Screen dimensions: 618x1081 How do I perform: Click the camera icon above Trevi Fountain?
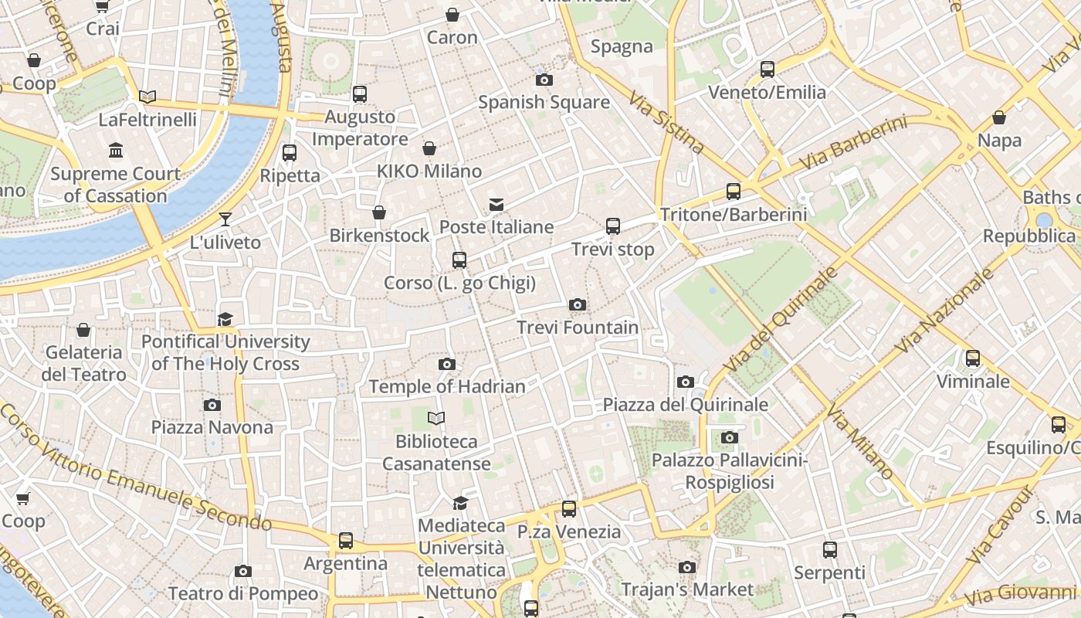pyautogui.click(x=577, y=305)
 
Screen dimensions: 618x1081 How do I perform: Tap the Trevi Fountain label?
pyautogui.click(x=578, y=328)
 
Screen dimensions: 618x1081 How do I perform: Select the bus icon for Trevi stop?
pyautogui.click(x=613, y=226)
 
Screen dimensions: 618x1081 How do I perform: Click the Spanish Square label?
pyautogui.click(x=544, y=102)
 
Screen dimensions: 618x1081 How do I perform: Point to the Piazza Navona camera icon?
pyautogui.click(x=212, y=405)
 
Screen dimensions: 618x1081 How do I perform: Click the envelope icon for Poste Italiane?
pyautogui.click(x=496, y=205)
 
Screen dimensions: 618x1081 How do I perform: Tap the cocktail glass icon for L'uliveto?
pyautogui.click(x=225, y=219)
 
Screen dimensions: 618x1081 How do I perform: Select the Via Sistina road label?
pyautogui.click(x=666, y=122)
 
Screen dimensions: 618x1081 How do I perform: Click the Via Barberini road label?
pyautogui.click(x=852, y=144)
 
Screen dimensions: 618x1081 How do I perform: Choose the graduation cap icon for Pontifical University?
pyautogui.click(x=225, y=319)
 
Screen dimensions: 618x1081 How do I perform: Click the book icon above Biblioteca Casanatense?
pyautogui.click(x=436, y=419)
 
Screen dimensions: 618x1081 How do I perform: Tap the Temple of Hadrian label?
pyautogui.click(x=447, y=386)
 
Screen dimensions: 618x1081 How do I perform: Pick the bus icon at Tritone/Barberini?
pyautogui.click(x=734, y=192)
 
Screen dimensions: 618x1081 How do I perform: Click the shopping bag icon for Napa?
pyautogui.click(x=999, y=118)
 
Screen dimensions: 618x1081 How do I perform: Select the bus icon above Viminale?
pyautogui.click(x=973, y=358)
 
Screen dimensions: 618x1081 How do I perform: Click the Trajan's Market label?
pyautogui.click(x=687, y=589)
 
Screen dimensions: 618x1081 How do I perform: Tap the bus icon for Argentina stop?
pyautogui.click(x=346, y=541)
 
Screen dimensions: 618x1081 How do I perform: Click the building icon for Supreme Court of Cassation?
pyautogui.click(x=116, y=150)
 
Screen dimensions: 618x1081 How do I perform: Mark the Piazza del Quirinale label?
pyautogui.click(x=685, y=405)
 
